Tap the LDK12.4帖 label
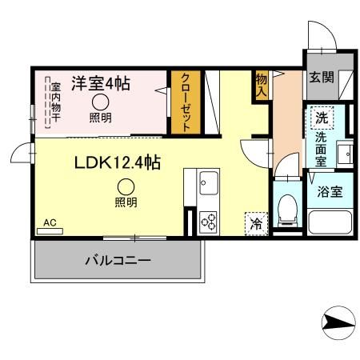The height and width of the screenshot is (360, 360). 118,162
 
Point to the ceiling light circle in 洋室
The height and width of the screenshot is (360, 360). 101,102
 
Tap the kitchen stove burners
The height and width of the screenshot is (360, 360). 209,218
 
